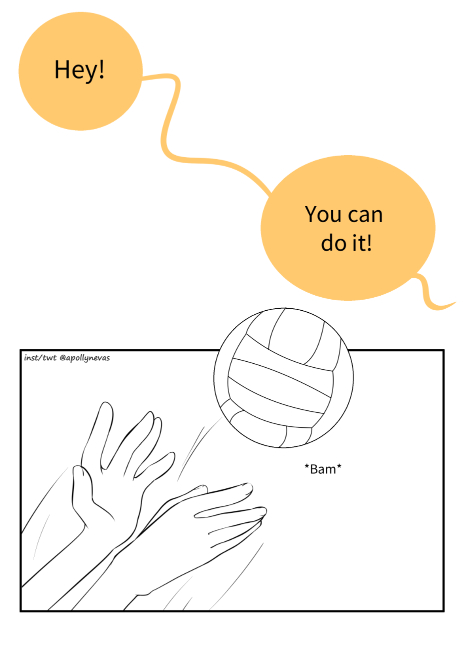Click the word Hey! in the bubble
79,70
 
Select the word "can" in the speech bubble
365,216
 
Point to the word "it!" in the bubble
362,242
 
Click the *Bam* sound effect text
323,469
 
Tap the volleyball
283,378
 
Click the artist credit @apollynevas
84,358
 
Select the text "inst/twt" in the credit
40,358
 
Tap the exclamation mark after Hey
101,69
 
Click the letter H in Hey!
61,69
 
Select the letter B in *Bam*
314,469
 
